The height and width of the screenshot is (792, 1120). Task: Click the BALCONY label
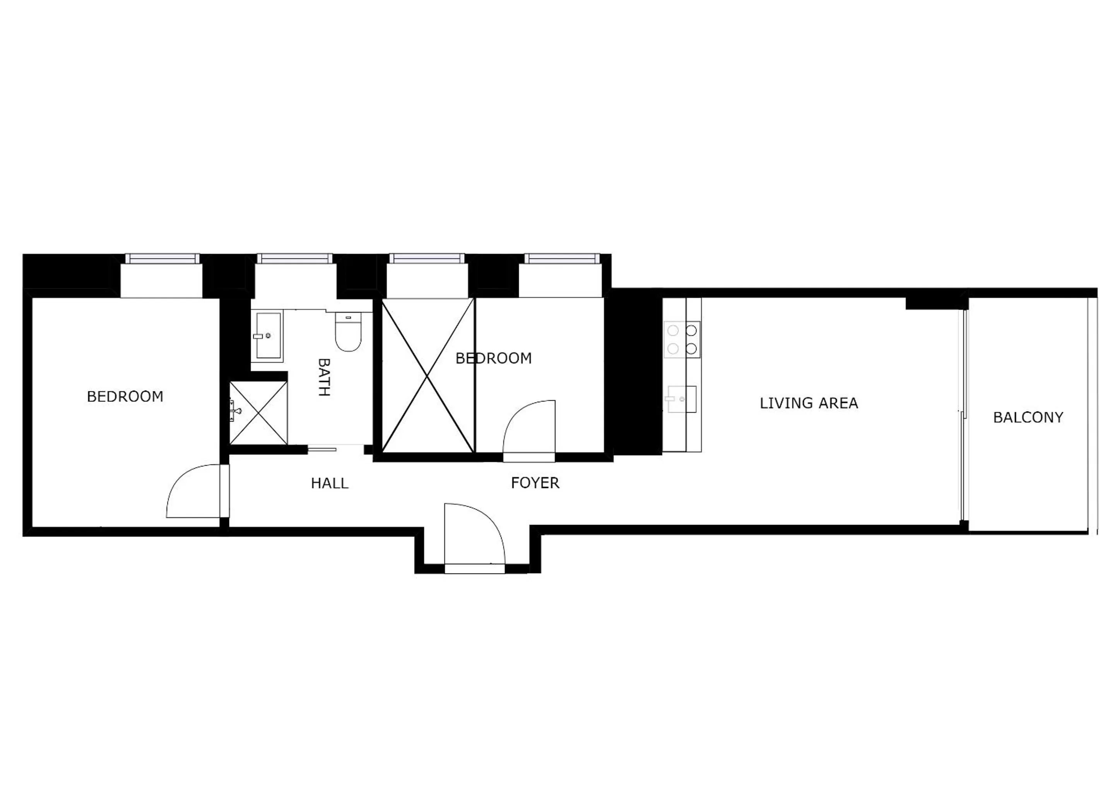pyautogui.click(x=1028, y=417)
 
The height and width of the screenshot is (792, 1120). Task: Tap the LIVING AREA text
pyautogui.click(x=809, y=403)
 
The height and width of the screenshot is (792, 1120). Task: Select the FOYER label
pyautogui.click(x=535, y=483)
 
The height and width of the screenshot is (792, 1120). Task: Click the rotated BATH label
pyautogui.click(x=324, y=377)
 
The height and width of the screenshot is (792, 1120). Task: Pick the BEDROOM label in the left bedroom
pyautogui.click(x=125, y=396)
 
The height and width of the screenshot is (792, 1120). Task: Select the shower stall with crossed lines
pyautogui.click(x=258, y=413)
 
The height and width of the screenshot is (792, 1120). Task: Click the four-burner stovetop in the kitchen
pyautogui.click(x=682, y=340)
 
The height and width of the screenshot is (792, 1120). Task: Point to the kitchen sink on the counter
pyautogui.click(x=681, y=399)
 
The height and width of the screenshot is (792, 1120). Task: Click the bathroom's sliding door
pyautogui.click(x=322, y=449)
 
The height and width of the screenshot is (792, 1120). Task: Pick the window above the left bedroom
pyautogui.click(x=162, y=258)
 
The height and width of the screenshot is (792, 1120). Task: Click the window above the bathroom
pyautogui.click(x=295, y=258)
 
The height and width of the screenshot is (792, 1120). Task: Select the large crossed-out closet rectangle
pyautogui.click(x=428, y=376)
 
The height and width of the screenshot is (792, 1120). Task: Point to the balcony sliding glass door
pyautogui.click(x=963, y=420)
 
